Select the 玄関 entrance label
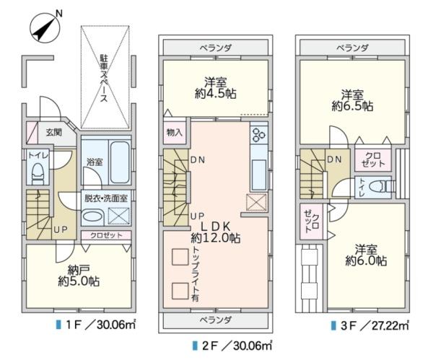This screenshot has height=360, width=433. (x=54, y=132)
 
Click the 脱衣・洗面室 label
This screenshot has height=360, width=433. (x=106, y=196)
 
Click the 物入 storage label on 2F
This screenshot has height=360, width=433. (x=175, y=133)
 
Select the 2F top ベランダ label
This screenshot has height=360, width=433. (x=216, y=48)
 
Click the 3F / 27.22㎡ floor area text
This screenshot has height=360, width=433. (x=369, y=325)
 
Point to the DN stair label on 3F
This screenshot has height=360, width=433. (x=334, y=159)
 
